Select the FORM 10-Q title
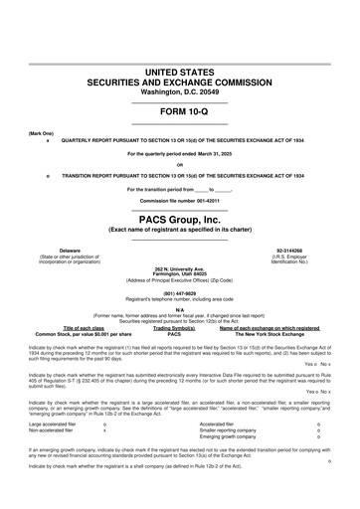coord(180,110)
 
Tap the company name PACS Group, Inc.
coord(180,217)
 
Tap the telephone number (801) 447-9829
coord(180,293)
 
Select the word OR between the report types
coord(180,164)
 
